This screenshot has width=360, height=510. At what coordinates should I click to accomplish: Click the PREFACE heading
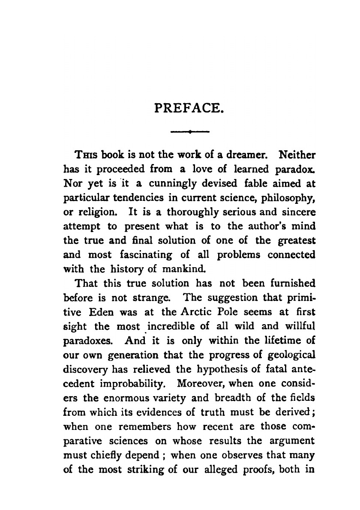tap(189, 104)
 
